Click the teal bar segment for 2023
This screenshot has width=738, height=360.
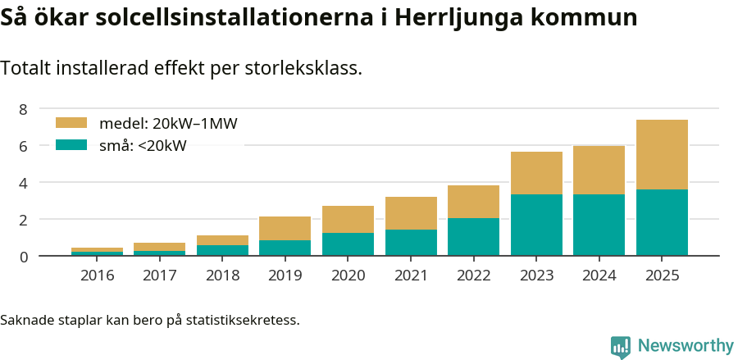(x=536, y=225)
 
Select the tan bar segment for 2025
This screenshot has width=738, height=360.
(x=662, y=155)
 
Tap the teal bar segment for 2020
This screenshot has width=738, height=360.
(x=348, y=244)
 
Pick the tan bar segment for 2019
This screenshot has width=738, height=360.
(x=285, y=229)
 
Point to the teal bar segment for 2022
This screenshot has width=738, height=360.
(x=473, y=237)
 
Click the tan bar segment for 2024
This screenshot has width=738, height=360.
(x=599, y=171)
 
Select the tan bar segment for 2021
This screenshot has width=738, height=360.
(x=411, y=213)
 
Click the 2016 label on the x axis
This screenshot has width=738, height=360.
(x=98, y=276)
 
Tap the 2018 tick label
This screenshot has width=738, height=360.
(x=223, y=276)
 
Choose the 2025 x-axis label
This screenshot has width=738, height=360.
(x=662, y=276)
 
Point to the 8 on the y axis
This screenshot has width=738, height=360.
(x=23, y=109)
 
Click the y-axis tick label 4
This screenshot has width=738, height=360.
(x=23, y=183)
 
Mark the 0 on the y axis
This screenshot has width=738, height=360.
(x=23, y=257)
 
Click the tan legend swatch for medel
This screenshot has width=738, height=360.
(x=71, y=123)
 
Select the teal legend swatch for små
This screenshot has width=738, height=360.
(x=71, y=145)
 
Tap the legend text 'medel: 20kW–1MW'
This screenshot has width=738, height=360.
(x=168, y=124)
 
